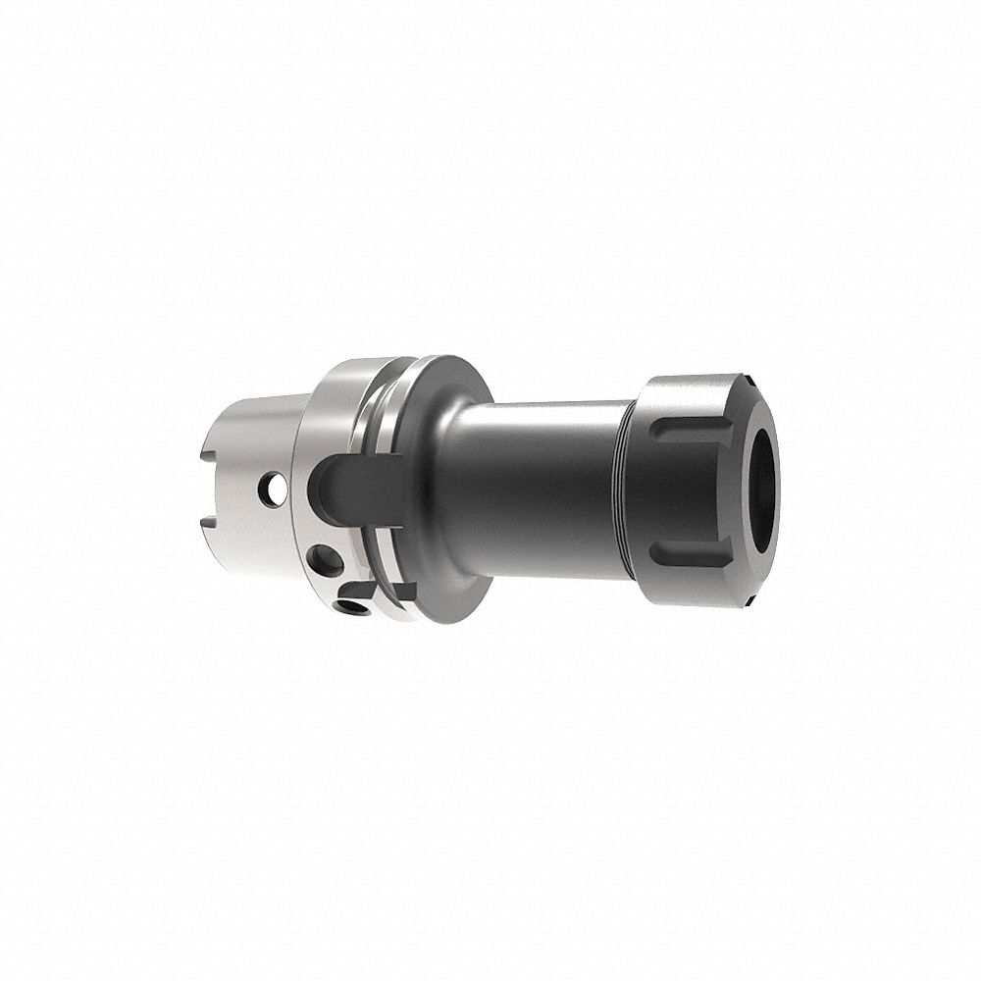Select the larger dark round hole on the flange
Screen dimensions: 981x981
[323, 561]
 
